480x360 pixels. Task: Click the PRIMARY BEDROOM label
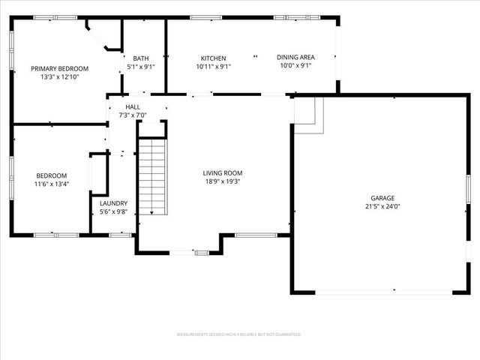tap(60, 68)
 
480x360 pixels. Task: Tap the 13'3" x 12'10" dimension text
tap(60, 76)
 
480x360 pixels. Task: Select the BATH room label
tap(140, 58)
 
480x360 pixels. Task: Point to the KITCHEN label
tap(213, 58)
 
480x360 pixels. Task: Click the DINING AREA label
tap(295, 57)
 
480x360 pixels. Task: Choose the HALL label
tap(133, 107)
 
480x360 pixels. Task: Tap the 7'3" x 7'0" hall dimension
tap(133, 115)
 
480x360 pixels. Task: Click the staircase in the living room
tap(152, 175)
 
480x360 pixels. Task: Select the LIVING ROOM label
tap(223, 173)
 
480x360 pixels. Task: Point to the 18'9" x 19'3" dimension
tap(223, 181)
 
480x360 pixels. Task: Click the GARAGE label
tap(382, 198)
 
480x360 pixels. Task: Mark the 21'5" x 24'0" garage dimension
tap(382, 206)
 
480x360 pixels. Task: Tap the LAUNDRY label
tap(114, 203)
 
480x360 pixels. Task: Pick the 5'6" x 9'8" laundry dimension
tap(114, 211)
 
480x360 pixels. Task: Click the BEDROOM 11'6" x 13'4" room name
tap(51, 175)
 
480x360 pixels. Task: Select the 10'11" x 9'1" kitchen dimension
tap(213, 66)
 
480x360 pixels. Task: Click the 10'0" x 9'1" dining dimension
tap(295, 66)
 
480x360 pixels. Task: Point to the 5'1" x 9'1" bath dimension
tap(140, 67)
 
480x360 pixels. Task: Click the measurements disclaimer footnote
tap(239, 334)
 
